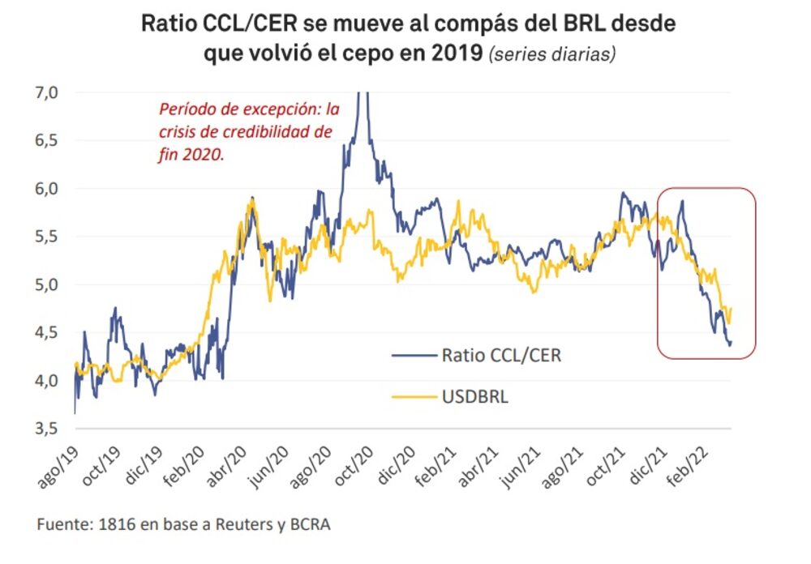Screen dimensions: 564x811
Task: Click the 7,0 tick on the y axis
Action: tap(46, 92)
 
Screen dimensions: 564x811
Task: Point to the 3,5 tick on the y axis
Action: tap(46, 429)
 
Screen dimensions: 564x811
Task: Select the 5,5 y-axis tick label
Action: tap(46, 237)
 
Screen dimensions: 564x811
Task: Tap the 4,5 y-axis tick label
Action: tap(46, 332)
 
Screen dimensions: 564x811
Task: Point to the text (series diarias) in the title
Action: tap(551, 55)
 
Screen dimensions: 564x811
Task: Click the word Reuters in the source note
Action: tap(235, 524)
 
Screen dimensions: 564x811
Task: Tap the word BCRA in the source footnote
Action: tap(309, 524)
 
